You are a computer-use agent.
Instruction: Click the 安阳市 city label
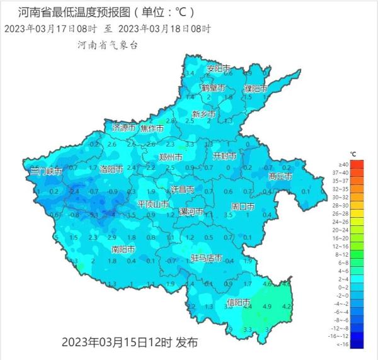219,68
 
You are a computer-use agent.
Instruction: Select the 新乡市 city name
204,114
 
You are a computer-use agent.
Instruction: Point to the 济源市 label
124,128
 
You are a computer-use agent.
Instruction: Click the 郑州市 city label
171,157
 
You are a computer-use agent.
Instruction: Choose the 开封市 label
225,155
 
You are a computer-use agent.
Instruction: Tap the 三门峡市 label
47,171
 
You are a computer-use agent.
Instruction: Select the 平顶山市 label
153,205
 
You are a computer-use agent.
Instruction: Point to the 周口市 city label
243,206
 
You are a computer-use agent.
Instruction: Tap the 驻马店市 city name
206,258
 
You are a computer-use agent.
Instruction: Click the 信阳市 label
238,303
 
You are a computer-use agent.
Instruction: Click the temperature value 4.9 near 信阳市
266,307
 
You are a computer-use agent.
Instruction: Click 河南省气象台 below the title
107,45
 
